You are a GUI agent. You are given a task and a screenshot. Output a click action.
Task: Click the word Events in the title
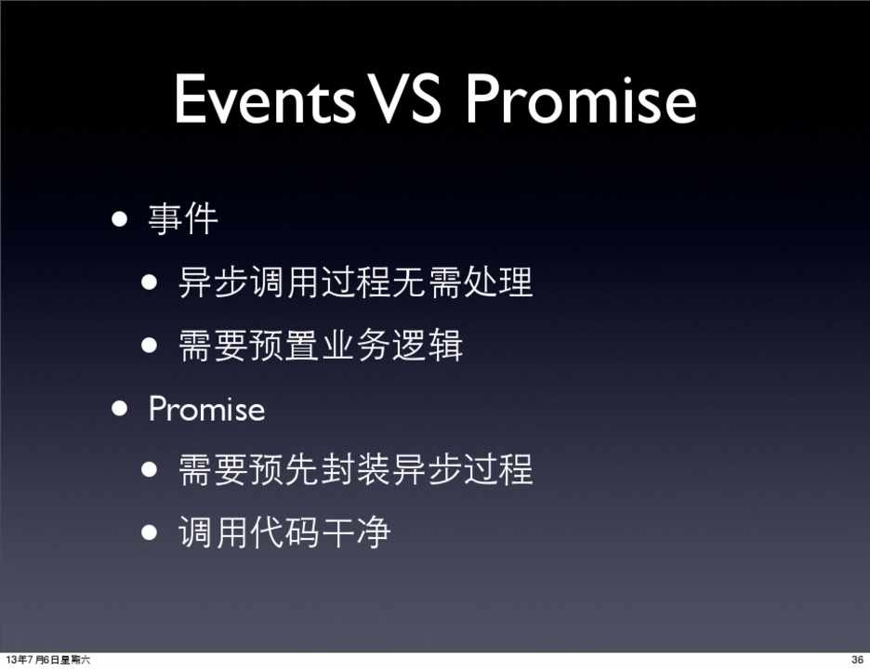pyautogui.click(x=265, y=98)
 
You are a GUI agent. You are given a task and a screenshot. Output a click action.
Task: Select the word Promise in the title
pyautogui.click(x=581, y=98)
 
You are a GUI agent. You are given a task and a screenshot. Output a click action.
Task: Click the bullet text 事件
pyautogui.click(x=183, y=219)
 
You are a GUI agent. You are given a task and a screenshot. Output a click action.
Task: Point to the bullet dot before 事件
pyautogui.click(x=119, y=219)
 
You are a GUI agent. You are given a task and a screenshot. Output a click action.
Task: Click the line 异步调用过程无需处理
pyautogui.click(x=356, y=282)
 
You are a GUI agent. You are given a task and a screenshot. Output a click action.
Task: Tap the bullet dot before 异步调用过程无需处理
pyautogui.click(x=149, y=282)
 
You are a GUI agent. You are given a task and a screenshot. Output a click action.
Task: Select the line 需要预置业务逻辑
pyautogui.click(x=321, y=345)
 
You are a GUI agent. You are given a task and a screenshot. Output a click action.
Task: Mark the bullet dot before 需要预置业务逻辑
pyautogui.click(x=149, y=345)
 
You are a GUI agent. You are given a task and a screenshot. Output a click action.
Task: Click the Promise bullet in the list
pyautogui.click(x=206, y=410)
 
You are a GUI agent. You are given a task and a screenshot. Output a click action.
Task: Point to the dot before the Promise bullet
pyautogui.click(x=119, y=409)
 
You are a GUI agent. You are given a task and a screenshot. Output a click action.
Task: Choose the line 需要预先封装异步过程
pyautogui.click(x=356, y=469)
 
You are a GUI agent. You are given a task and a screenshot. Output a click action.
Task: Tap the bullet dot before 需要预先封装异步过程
pyautogui.click(x=149, y=470)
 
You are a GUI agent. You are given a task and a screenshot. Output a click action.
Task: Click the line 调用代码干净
pyautogui.click(x=284, y=532)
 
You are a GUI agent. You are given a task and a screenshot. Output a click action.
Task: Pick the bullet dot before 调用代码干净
pyautogui.click(x=149, y=532)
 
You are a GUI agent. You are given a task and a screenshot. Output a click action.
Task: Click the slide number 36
pyautogui.click(x=857, y=660)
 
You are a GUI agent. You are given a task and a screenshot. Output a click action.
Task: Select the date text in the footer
pyautogui.click(x=47, y=660)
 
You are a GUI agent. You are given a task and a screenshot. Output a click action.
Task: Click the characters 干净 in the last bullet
pyautogui.click(x=356, y=532)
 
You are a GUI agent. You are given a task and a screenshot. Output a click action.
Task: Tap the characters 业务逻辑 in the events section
pyautogui.click(x=392, y=345)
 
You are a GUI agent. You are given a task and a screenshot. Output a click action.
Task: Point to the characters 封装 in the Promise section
pyautogui.click(x=356, y=469)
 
